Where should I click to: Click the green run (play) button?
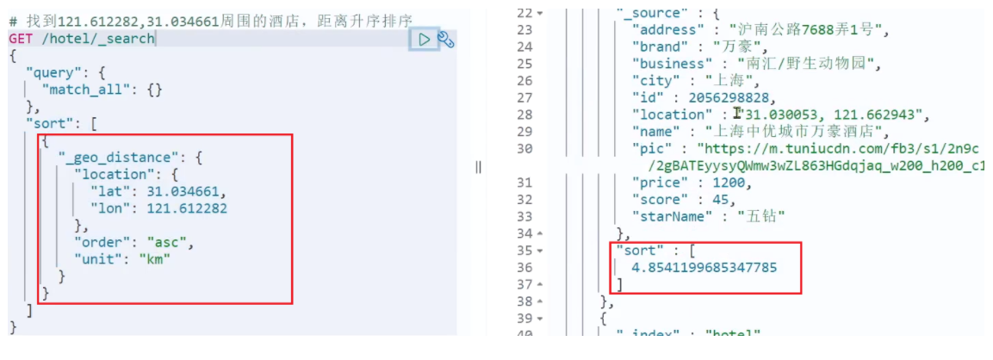424,39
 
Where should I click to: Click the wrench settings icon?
445,39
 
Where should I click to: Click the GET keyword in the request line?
22,39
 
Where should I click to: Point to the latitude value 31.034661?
183,190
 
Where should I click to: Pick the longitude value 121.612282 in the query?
187,208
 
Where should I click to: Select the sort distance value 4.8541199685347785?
704,267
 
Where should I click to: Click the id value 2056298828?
720,97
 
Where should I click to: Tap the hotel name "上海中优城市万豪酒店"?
798,131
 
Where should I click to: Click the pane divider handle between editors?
478,167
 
